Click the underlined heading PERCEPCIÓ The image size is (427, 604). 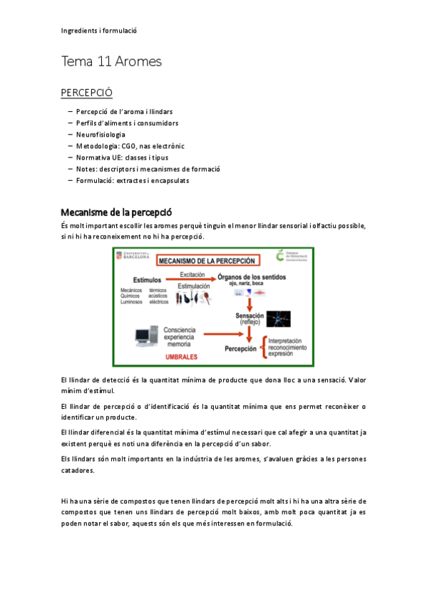click(86, 93)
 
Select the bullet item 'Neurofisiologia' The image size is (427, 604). click(101, 135)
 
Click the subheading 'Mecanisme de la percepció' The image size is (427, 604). click(116, 212)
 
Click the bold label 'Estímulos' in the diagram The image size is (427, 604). click(148, 280)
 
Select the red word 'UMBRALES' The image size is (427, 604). click(181, 355)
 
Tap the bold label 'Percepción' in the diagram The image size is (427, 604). click(240, 349)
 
